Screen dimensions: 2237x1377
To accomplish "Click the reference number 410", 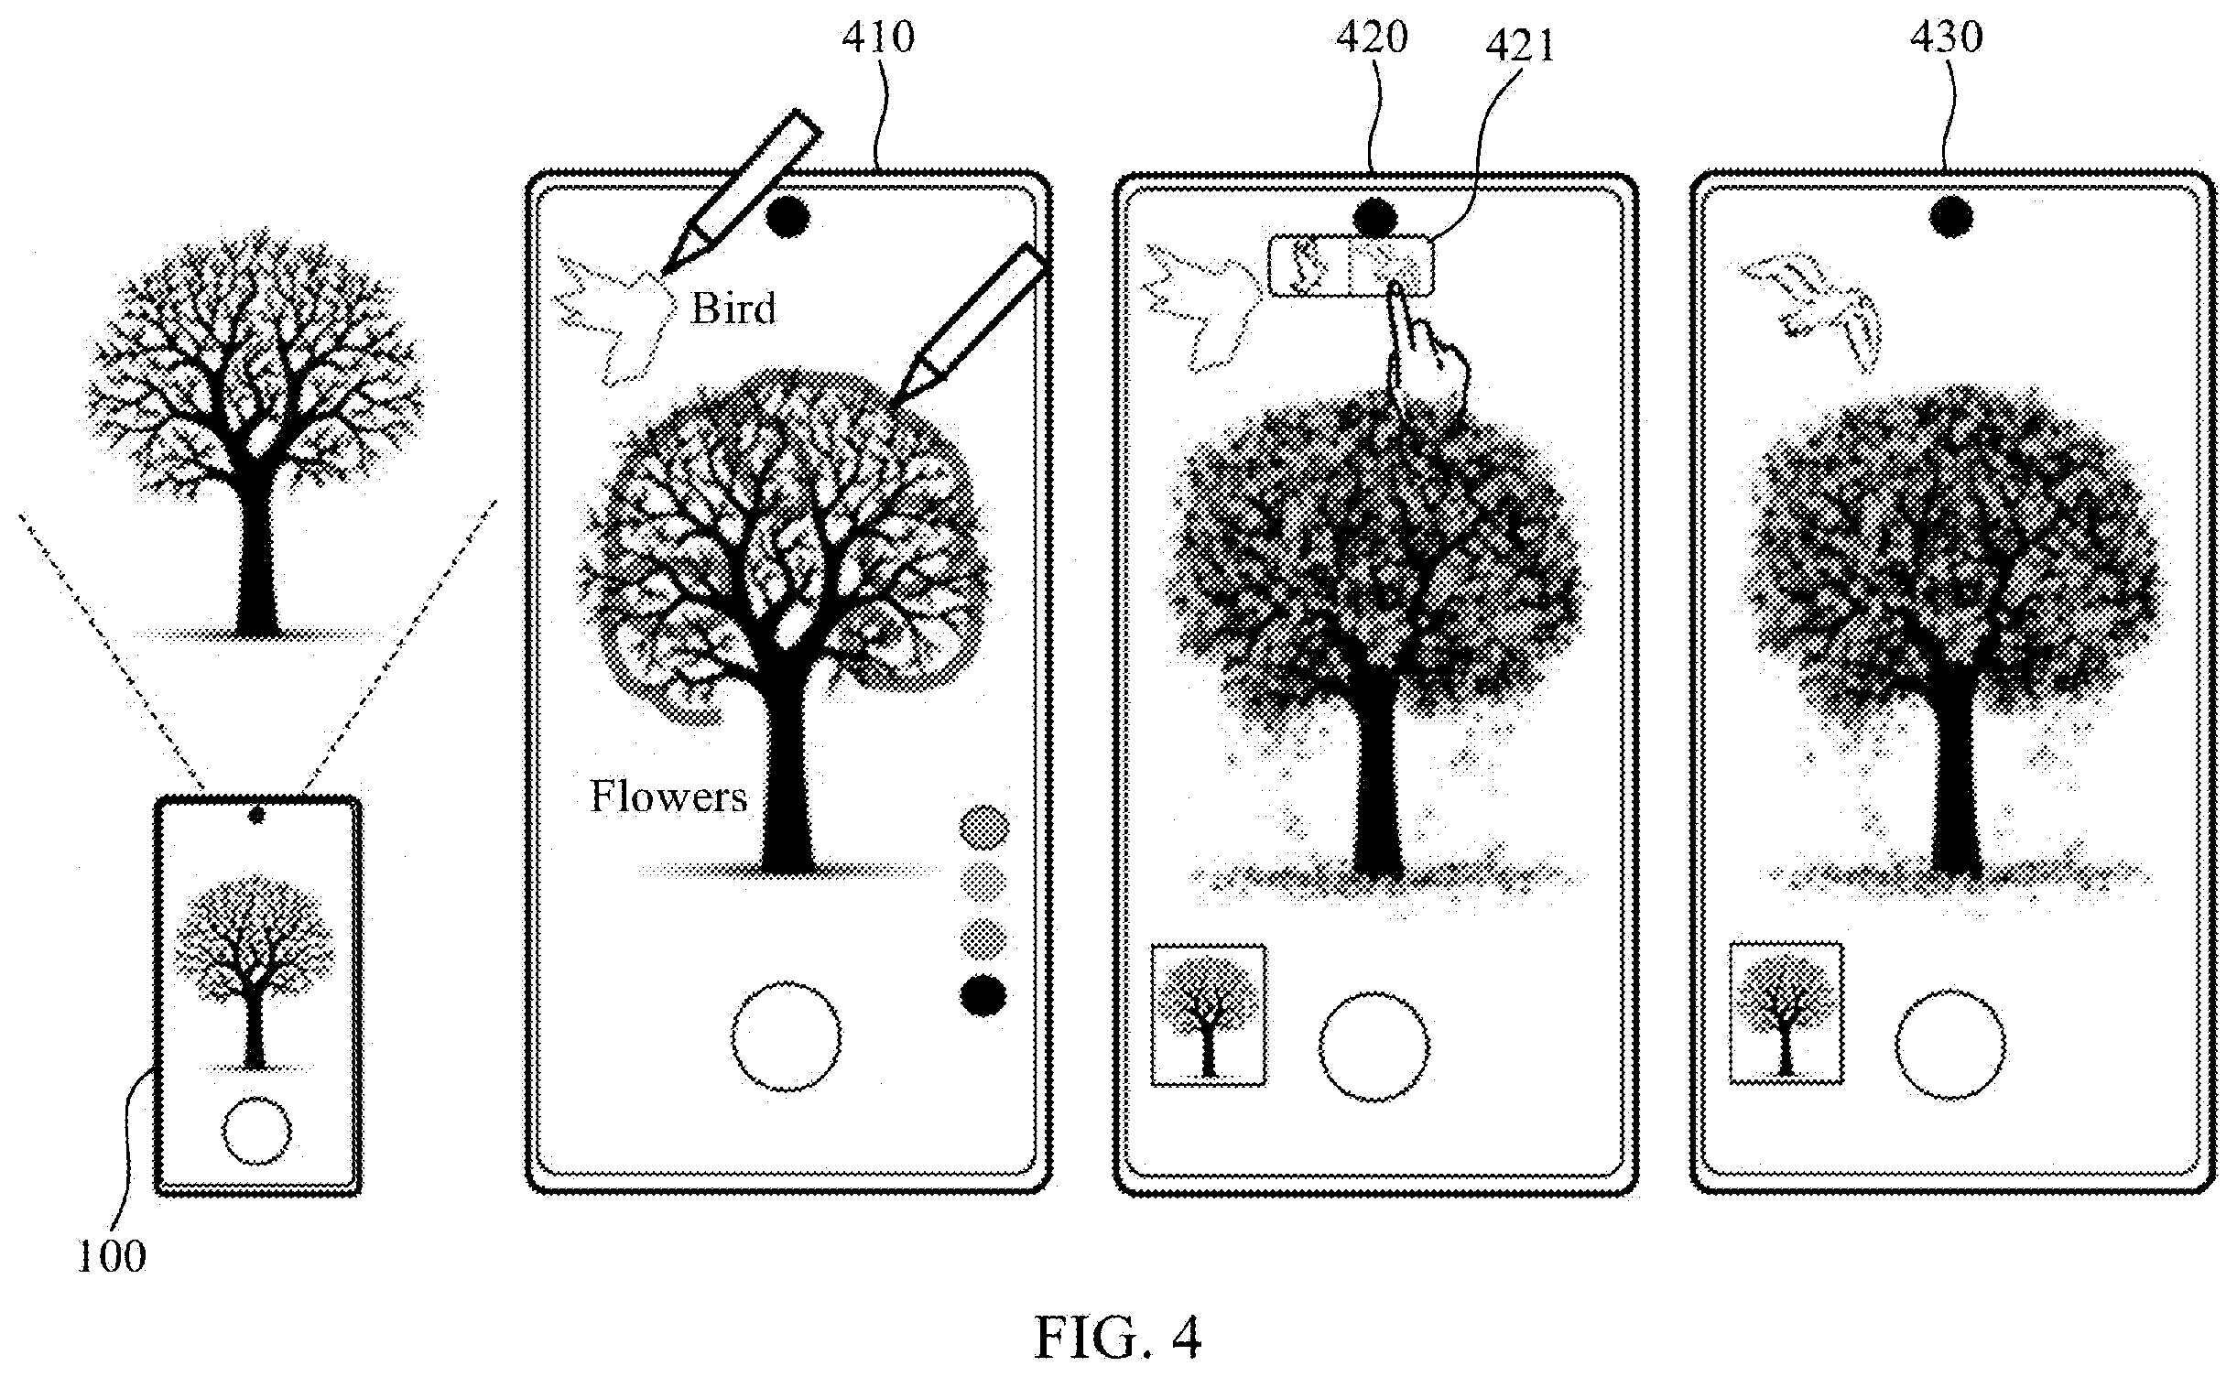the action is point(877,38).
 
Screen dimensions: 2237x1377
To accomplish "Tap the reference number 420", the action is point(1371,38).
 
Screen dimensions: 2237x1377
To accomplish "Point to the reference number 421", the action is point(1520,46).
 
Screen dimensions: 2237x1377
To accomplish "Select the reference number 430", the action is point(1946,38).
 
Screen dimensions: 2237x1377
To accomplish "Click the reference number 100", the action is point(112,1258).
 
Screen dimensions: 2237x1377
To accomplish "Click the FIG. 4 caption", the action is point(1117,1338).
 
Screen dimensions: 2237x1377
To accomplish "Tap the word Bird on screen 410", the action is point(733,309).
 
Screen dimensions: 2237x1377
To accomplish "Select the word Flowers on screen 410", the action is point(668,797).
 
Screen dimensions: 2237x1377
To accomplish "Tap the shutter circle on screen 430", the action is point(1949,1045).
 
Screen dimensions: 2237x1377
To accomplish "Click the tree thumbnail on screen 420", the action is point(1209,1015).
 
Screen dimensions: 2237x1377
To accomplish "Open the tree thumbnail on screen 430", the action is point(1786,1013).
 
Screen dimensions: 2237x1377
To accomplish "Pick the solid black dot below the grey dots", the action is point(983,996).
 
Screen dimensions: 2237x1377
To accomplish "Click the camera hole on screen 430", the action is point(1951,219).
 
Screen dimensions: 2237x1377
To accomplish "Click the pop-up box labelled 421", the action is point(1351,266).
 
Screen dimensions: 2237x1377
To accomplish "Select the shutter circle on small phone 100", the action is point(256,1131).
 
